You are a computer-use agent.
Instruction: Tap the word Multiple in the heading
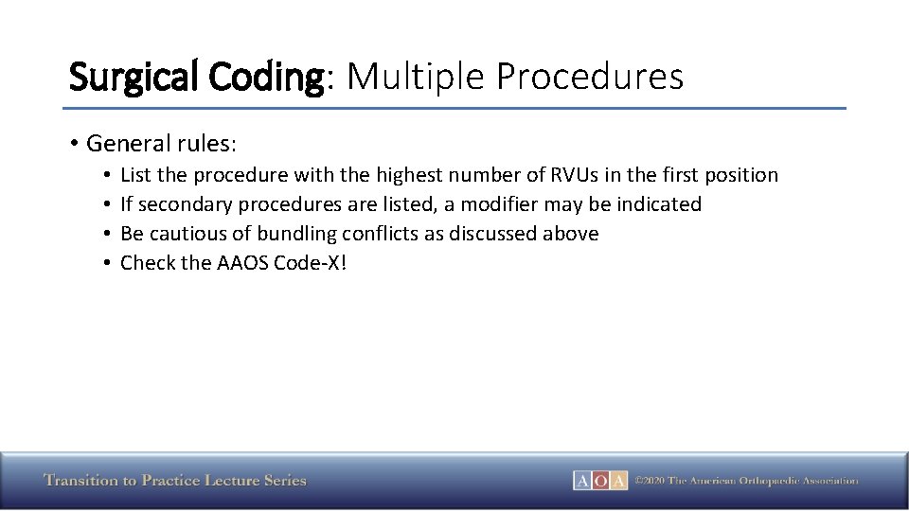click(414, 76)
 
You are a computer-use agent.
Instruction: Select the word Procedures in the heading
click(588, 76)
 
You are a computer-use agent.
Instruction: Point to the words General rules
click(161, 144)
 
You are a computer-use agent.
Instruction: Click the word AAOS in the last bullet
click(242, 263)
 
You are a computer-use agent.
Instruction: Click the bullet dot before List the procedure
click(109, 175)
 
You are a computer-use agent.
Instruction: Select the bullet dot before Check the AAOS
click(109, 263)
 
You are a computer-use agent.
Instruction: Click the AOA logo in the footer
click(600, 481)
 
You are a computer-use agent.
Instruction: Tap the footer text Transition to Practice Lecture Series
click(175, 481)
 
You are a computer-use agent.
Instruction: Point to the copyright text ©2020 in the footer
click(650, 481)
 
